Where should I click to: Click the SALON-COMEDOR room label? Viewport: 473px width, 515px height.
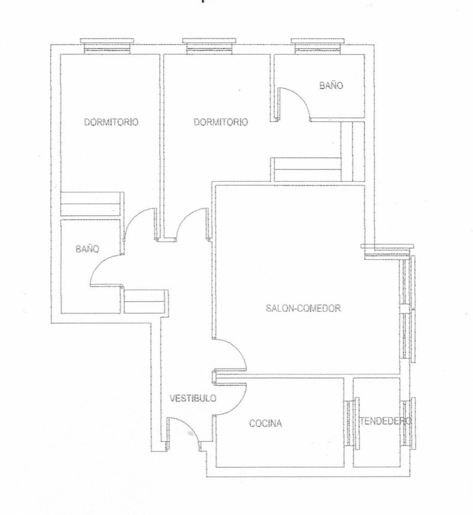click(x=303, y=308)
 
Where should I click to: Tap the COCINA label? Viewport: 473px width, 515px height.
click(x=266, y=423)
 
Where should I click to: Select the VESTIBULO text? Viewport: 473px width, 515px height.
click(x=193, y=398)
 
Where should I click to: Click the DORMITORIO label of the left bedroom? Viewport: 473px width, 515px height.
click(x=112, y=122)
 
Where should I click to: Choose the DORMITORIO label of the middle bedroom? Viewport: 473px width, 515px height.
click(x=221, y=122)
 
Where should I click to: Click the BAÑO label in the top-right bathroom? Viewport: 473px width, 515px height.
click(x=331, y=85)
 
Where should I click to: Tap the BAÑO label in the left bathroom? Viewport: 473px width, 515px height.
click(x=87, y=248)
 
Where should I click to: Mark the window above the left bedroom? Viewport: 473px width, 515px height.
click(x=107, y=46)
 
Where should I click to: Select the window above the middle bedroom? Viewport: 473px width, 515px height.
click(x=209, y=46)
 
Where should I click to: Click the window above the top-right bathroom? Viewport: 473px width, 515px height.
click(x=318, y=46)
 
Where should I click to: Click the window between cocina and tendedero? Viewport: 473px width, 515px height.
click(x=351, y=422)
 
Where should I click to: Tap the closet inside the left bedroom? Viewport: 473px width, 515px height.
click(x=93, y=204)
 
